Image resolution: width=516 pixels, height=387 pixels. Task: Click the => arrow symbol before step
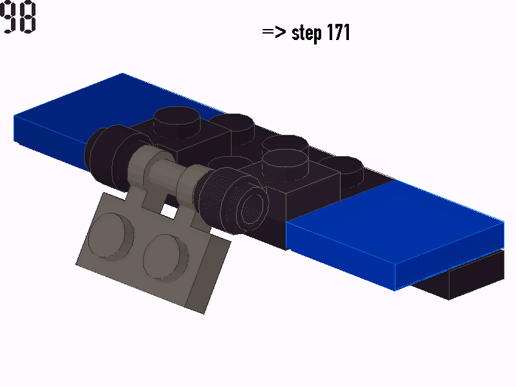[x=274, y=32]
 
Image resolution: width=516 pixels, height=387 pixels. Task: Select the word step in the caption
[x=306, y=33]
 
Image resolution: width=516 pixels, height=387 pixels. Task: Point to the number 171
[x=338, y=32]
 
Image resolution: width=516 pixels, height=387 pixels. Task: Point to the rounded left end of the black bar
[x=97, y=152]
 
